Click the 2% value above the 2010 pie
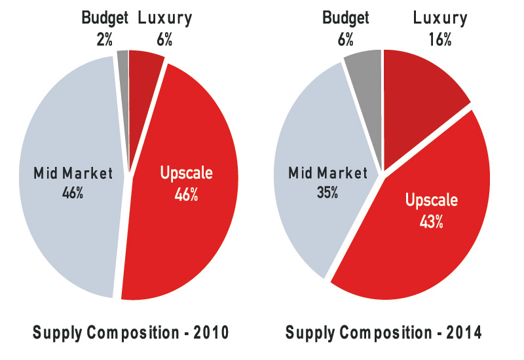click(103, 39)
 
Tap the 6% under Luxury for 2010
click(164, 39)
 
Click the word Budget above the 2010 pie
click(105, 18)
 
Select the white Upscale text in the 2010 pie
click(187, 174)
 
